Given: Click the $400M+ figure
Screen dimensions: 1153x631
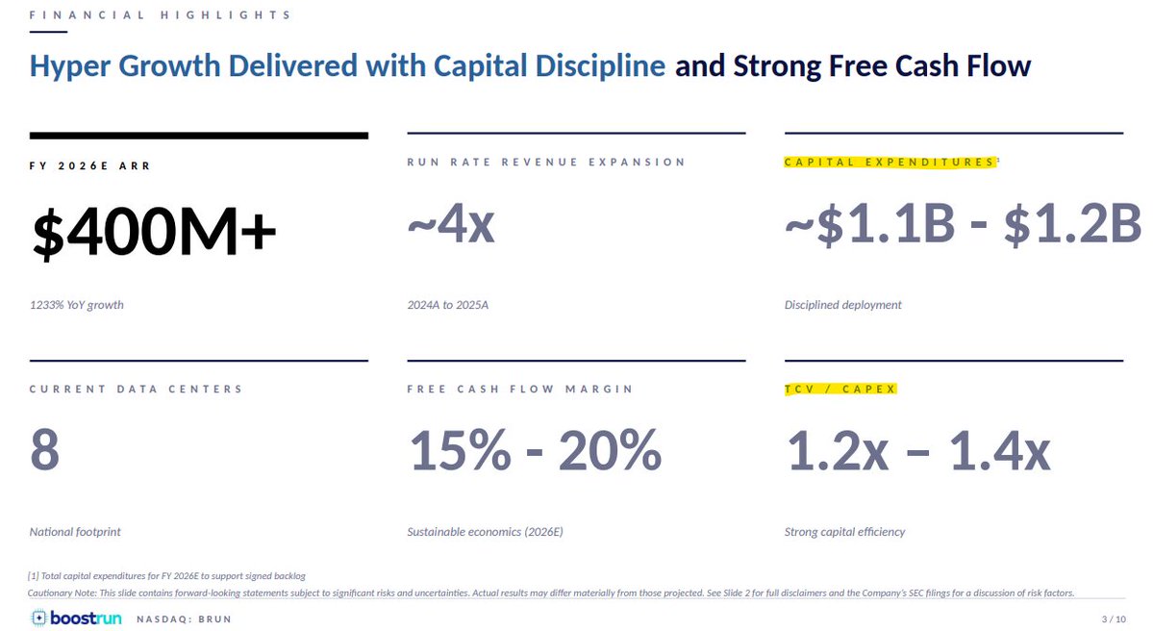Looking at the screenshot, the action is [x=154, y=232].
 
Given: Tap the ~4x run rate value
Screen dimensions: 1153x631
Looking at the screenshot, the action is [x=451, y=224].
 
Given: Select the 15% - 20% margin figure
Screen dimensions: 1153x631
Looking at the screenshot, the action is [x=536, y=450].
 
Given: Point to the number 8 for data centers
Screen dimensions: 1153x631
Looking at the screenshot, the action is [x=45, y=450].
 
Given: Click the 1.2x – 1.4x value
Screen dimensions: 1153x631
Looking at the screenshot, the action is [x=918, y=450].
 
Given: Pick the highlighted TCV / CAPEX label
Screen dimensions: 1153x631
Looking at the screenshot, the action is [x=840, y=389].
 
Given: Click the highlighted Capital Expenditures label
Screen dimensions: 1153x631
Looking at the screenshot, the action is [x=890, y=162].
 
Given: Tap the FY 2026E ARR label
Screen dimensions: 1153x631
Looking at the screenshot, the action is [x=89, y=166].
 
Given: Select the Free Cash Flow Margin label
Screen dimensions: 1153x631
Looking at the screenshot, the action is [x=520, y=389].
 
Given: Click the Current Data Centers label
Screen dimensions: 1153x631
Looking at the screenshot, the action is [x=136, y=389].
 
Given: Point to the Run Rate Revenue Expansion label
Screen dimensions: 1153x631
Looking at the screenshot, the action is [x=546, y=162].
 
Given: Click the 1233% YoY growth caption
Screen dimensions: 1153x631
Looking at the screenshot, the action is [x=77, y=305].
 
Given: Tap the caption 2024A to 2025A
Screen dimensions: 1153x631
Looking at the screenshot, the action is [x=448, y=305].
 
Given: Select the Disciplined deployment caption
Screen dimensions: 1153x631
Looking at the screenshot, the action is [x=842, y=305].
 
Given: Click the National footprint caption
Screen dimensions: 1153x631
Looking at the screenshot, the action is [x=75, y=532].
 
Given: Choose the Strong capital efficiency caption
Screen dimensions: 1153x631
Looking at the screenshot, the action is [x=845, y=532].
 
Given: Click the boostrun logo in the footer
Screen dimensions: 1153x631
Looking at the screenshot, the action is [x=77, y=618].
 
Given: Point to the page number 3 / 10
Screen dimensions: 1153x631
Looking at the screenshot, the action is [x=1114, y=619].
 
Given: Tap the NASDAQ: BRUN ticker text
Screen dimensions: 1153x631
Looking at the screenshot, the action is [x=185, y=619].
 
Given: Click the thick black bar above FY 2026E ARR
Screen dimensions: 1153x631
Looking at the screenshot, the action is [x=198, y=136].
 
